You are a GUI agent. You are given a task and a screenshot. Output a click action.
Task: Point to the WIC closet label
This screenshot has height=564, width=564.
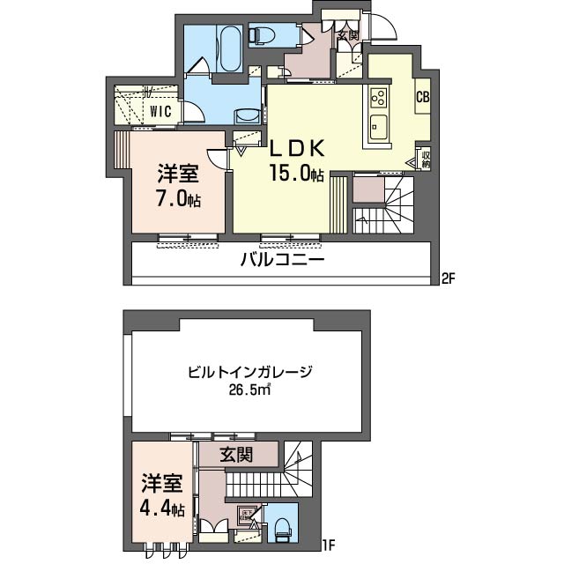(160, 111)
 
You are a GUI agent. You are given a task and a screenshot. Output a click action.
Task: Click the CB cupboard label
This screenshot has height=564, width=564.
(422, 98)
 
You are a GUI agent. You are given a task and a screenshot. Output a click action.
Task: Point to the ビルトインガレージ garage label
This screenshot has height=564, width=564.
(250, 372)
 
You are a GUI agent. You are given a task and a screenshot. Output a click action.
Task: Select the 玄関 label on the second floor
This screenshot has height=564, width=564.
(347, 36)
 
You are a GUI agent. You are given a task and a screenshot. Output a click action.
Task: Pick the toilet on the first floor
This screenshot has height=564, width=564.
(283, 529)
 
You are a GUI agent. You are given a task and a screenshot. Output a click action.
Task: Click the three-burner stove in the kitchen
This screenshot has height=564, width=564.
(379, 97)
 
